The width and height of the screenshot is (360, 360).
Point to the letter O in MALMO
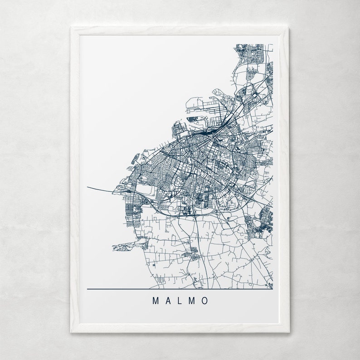(x=205, y=301)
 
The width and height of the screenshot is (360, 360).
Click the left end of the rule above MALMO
(x=87, y=289)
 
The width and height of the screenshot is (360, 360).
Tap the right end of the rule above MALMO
(x=272, y=289)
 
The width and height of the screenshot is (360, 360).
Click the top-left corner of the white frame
(x=71, y=27)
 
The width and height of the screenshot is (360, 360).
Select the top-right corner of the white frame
(x=288, y=27)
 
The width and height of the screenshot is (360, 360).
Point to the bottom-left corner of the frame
(x=71, y=332)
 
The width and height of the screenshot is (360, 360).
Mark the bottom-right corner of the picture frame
(x=288, y=332)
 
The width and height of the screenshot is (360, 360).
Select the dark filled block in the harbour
(x=192, y=119)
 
